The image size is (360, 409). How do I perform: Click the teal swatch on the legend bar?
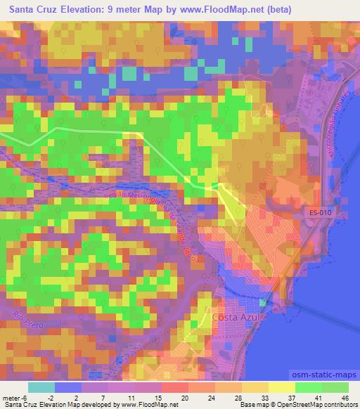coord(41,387)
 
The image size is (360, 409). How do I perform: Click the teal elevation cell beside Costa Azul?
coord(263,302)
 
